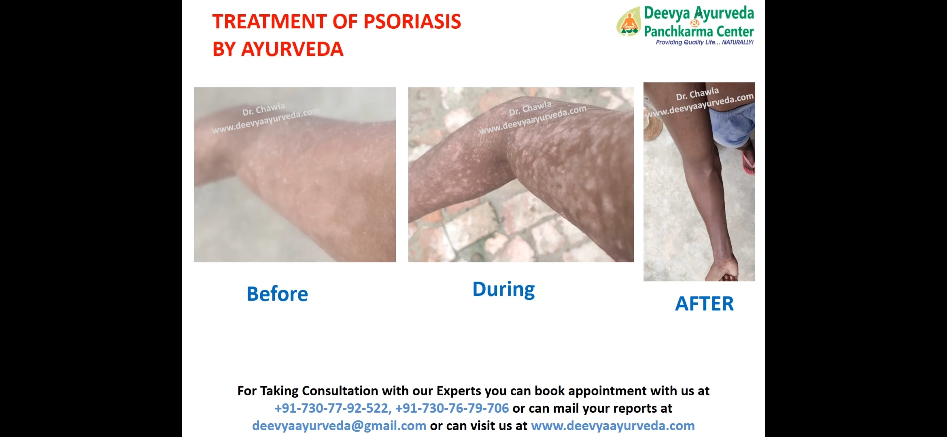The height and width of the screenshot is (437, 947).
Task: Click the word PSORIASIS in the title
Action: click(412, 21)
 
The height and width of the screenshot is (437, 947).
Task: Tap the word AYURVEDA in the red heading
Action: click(292, 49)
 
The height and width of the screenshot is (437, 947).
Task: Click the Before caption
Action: click(277, 294)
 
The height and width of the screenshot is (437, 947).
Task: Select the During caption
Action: click(503, 290)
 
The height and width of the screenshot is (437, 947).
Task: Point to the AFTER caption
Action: click(704, 303)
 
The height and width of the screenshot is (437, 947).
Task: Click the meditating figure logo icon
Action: click(629, 22)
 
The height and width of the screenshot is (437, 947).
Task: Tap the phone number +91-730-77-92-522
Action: click(333, 408)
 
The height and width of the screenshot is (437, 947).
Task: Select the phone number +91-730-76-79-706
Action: click(452, 408)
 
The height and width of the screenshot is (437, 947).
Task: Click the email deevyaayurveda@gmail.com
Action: click(339, 426)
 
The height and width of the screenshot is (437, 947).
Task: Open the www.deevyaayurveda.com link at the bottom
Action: click(613, 426)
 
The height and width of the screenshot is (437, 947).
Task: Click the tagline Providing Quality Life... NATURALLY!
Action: click(705, 42)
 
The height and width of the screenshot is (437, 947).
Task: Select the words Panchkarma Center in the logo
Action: click(699, 31)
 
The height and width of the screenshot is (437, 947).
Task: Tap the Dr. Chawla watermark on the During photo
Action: click(530, 108)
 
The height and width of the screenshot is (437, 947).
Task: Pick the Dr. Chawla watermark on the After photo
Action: click(697, 94)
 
